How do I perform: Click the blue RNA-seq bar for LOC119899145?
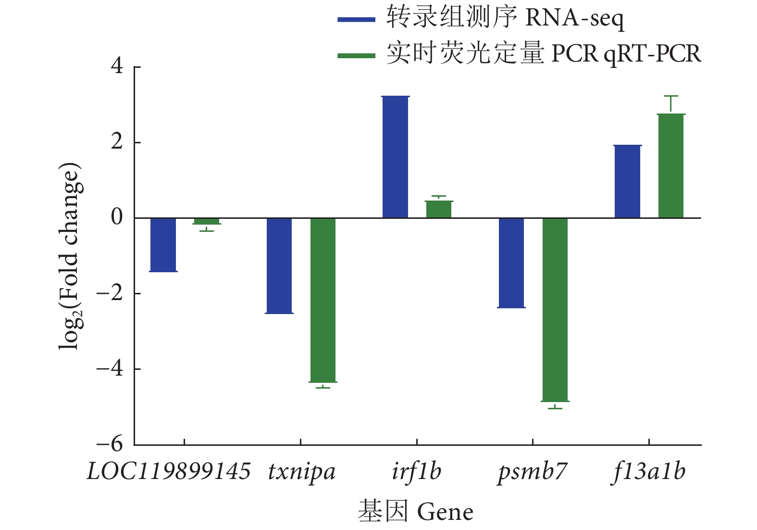pyautogui.click(x=163, y=245)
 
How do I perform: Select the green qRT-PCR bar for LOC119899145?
pyautogui.click(x=207, y=221)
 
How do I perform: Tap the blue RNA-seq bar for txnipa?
pyautogui.click(x=279, y=265)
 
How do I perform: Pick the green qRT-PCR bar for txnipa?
pyautogui.click(x=323, y=300)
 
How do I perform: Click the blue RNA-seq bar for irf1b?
pyautogui.click(x=396, y=157)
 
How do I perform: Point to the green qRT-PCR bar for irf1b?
pyautogui.click(x=439, y=210)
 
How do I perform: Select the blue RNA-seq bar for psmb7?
pyautogui.click(x=511, y=263)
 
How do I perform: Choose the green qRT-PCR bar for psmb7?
pyautogui.click(x=555, y=310)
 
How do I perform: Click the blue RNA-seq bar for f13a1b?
pyautogui.click(x=628, y=182)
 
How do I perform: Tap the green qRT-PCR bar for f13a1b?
pyautogui.click(x=671, y=166)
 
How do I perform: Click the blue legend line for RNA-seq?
pyautogui.click(x=356, y=20)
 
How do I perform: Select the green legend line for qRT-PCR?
pyautogui.click(x=356, y=55)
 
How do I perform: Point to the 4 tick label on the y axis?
pyautogui.click(x=117, y=66)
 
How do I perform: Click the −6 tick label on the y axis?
pyautogui.click(x=110, y=444)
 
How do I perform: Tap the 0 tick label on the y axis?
pyautogui.click(x=117, y=217)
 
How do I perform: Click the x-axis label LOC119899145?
pyautogui.click(x=169, y=471)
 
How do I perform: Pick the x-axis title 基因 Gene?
pyautogui.click(x=416, y=511)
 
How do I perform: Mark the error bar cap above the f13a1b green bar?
pyautogui.click(x=671, y=96)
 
